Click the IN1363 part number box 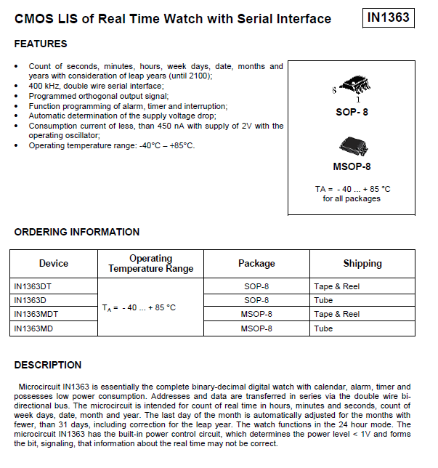(x=389, y=18)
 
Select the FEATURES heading (x=41, y=44)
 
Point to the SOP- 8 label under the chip (x=352, y=112)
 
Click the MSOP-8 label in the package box (x=352, y=166)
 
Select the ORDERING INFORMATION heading (x=77, y=233)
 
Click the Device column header (x=54, y=264)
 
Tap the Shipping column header (x=362, y=264)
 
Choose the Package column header (x=256, y=264)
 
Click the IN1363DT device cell (x=33, y=286)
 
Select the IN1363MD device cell (x=33, y=328)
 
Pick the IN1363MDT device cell (x=36, y=314)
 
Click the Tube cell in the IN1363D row (x=323, y=300)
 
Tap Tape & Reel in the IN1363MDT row (x=336, y=314)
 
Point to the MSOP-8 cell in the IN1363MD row (x=256, y=328)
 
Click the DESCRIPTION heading (x=48, y=365)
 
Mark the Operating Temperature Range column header (x=151, y=264)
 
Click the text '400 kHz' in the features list (x=43, y=86)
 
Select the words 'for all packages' (x=352, y=198)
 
